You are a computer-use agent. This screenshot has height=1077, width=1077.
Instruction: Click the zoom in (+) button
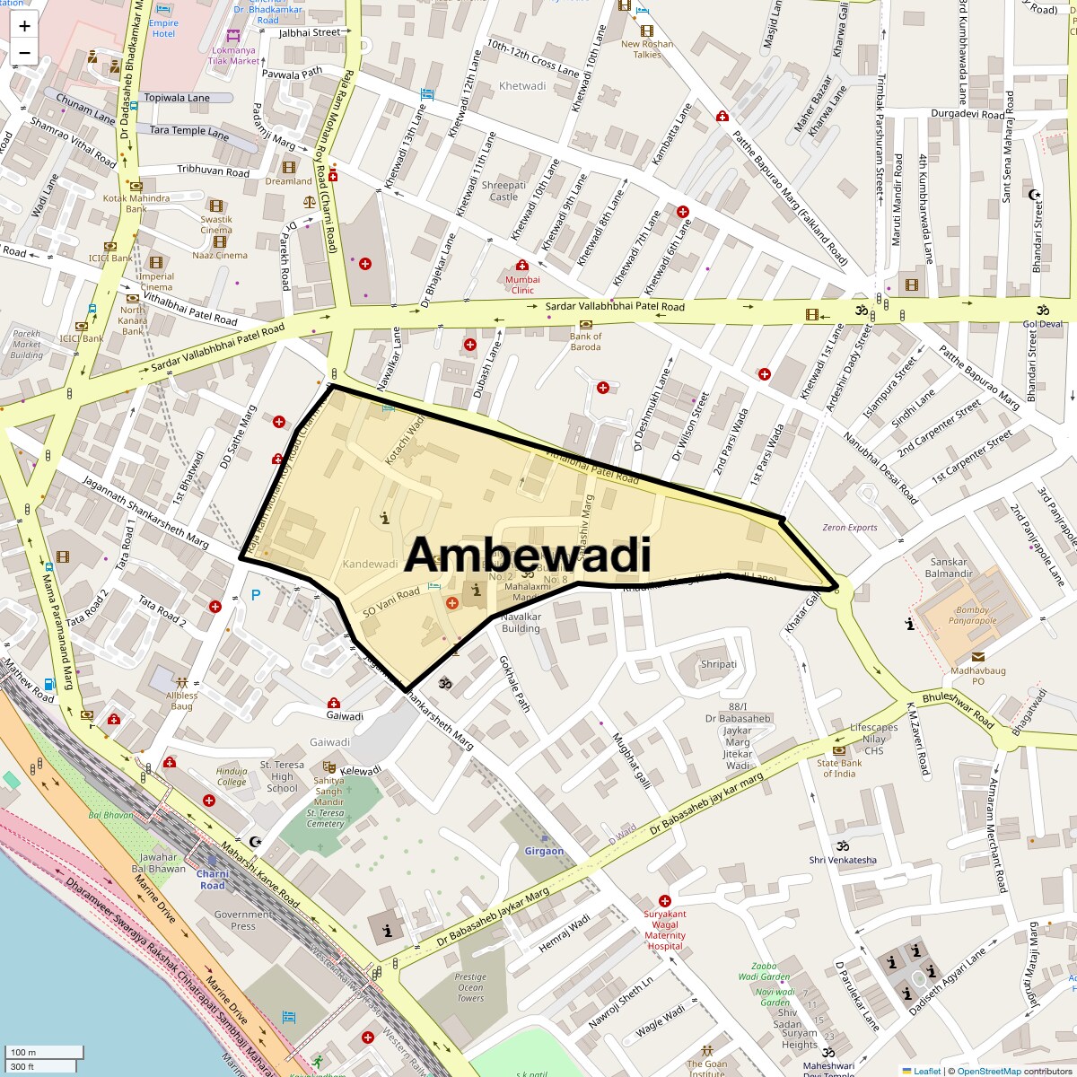[24, 26]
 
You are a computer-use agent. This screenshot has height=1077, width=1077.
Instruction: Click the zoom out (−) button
[24, 52]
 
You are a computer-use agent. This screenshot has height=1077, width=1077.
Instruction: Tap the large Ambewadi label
[527, 556]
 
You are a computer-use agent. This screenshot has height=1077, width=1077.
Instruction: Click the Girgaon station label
[544, 851]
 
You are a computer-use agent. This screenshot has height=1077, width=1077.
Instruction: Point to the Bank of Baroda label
[585, 342]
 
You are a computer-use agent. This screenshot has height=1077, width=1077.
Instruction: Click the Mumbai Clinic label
[522, 285]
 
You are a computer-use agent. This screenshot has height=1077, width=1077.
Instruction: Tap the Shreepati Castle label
[503, 190]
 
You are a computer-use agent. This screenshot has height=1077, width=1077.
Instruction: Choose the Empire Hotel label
[163, 28]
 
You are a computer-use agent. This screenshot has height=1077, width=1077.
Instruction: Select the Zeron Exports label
[849, 527]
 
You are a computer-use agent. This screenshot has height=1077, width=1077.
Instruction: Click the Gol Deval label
[1042, 324]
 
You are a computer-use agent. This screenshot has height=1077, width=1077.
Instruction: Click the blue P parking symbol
[257, 593]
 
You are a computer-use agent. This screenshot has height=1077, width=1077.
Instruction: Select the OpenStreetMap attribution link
[988, 1071]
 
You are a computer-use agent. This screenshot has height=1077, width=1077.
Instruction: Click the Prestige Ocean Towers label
[470, 986]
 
